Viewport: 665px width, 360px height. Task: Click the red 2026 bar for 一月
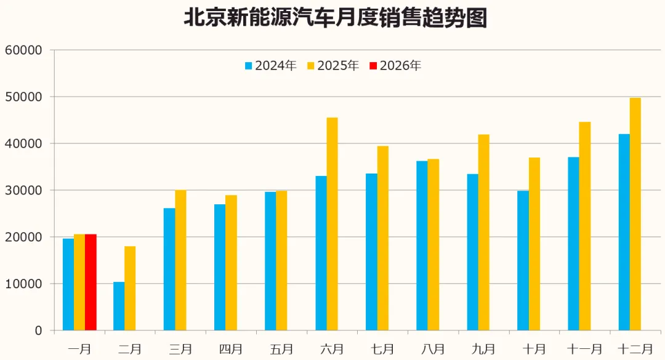pyautogui.click(x=91, y=282)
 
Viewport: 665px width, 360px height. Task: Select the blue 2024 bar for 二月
pyautogui.click(x=119, y=306)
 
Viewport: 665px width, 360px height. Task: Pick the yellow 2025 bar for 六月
pyautogui.click(x=332, y=224)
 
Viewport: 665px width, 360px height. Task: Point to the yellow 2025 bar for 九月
pyautogui.click(x=483, y=233)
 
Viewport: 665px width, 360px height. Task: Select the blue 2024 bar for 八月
pyautogui.click(x=422, y=246)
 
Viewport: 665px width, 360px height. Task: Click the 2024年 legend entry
pyautogui.click(x=270, y=66)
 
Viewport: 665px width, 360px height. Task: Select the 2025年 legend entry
pyautogui.click(x=333, y=66)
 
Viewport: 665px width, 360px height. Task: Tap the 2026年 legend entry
pyautogui.click(x=395, y=66)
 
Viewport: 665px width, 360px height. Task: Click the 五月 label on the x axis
pyautogui.click(x=281, y=349)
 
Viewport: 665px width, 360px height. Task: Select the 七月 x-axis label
pyautogui.click(x=382, y=349)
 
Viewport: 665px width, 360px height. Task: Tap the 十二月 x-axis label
pyautogui.click(x=635, y=349)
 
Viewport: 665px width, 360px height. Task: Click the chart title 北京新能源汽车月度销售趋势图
pyautogui.click(x=336, y=18)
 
